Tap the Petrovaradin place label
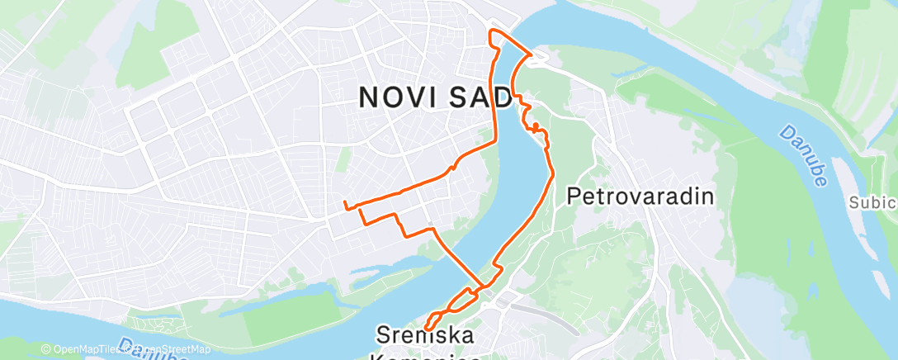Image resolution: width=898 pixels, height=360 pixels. coord(640,197)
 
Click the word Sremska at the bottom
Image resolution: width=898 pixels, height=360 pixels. coord(424,335)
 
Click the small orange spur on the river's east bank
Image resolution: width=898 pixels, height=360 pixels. coord(536,126)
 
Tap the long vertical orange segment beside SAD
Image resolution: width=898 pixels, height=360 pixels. coord(497,95)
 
